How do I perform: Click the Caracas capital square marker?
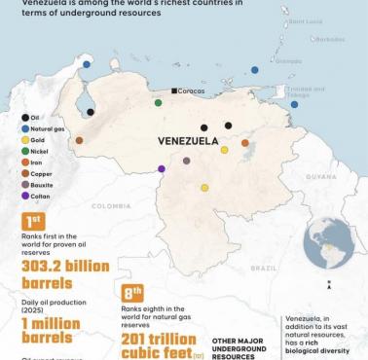[x=174, y=90]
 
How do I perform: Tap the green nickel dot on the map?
[x=158, y=102]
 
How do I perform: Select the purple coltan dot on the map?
[x=162, y=169]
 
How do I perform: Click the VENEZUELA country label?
[x=187, y=141]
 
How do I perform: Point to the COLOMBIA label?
[x=111, y=205]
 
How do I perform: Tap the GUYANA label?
[x=320, y=177]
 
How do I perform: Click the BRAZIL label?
[x=263, y=267]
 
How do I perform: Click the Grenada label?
[x=288, y=60]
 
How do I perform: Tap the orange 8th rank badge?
[x=132, y=291]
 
